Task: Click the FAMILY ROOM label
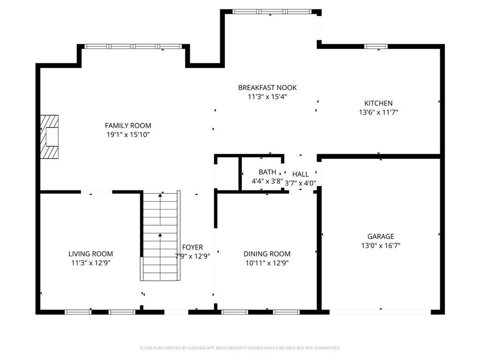[x=128, y=126]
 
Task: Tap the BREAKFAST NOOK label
[x=267, y=88]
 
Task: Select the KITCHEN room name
[x=378, y=103]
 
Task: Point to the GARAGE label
[x=381, y=236]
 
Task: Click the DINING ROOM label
[x=267, y=254]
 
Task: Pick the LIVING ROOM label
[x=90, y=254]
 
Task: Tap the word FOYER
[x=193, y=247]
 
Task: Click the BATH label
[x=267, y=172]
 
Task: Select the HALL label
[x=300, y=174]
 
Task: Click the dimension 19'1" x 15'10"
[x=128, y=135]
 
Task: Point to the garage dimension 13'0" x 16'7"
[x=381, y=245]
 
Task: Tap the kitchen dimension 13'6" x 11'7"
[x=378, y=112]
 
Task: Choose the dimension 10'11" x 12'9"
[x=267, y=262]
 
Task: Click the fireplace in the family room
[x=49, y=137]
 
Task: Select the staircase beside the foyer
[x=160, y=236]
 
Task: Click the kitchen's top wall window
[x=376, y=46]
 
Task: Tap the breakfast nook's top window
[x=272, y=12]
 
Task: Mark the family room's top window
[x=133, y=46]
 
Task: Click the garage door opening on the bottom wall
[x=380, y=312]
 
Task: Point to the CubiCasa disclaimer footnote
[x=240, y=348]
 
